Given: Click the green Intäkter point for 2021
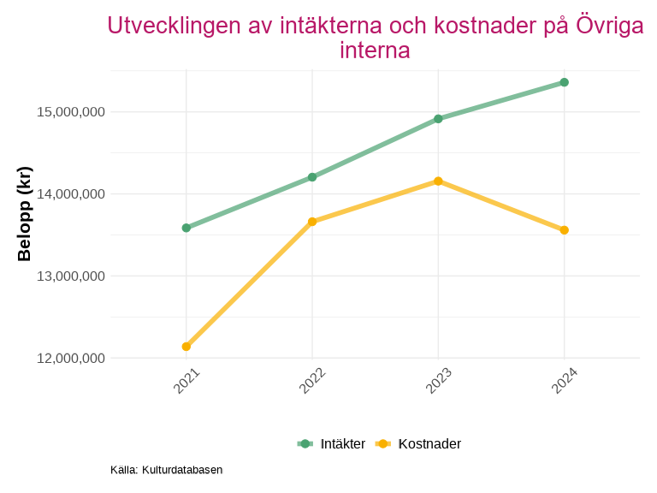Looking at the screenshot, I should (186, 228).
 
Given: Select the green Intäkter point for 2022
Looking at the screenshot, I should (312, 177).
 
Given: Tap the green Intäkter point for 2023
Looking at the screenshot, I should (438, 119).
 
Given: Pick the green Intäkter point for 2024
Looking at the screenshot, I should (565, 82).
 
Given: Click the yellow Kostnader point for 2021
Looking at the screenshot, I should (186, 347).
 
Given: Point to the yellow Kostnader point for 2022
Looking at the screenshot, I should (312, 222).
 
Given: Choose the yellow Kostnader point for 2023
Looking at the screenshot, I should (438, 181).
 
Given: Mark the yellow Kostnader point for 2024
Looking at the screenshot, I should (565, 230).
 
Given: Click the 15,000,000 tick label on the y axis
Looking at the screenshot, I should (70, 112).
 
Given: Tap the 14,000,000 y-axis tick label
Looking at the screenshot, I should (70, 194).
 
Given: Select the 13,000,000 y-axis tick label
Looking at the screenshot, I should (70, 276).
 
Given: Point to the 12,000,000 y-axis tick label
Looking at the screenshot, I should (70, 359).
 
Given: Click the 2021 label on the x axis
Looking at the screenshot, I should (186, 381).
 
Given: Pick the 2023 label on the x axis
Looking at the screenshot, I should (439, 381).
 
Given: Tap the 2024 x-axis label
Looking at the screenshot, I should (565, 381).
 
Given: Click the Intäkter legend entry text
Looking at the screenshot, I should (343, 443).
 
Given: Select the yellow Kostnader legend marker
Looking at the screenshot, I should (383, 443).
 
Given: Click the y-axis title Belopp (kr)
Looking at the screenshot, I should (25, 214).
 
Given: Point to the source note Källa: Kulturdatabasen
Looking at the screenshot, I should (166, 470).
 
